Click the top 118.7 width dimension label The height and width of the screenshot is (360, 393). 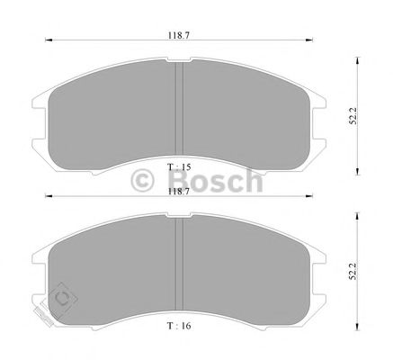pyautogui.click(x=179, y=35)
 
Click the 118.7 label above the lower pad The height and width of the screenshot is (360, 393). pyautogui.click(x=179, y=192)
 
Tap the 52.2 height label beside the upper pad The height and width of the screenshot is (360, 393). pyautogui.click(x=353, y=116)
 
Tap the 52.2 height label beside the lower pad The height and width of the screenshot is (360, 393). pyautogui.click(x=353, y=272)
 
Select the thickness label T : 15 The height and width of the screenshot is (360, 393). pyautogui.click(x=179, y=166)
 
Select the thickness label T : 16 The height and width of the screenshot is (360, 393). pyautogui.click(x=179, y=326)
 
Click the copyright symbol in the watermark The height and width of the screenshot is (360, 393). pyautogui.click(x=142, y=180)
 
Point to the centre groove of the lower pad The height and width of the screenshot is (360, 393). pyautogui.click(x=179, y=264)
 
